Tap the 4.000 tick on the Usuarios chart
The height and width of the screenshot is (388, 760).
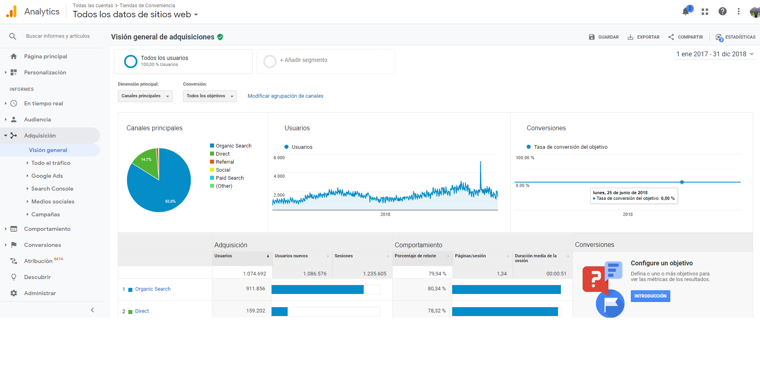click(x=279, y=176)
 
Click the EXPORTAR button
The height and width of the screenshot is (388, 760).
click(x=643, y=37)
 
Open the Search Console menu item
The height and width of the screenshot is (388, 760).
click(x=52, y=189)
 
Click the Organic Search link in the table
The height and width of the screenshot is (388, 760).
click(x=153, y=289)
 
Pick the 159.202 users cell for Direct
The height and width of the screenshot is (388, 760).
click(x=255, y=311)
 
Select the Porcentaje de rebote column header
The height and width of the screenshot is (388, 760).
click(x=415, y=256)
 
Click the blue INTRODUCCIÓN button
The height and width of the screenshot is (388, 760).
click(x=650, y=296)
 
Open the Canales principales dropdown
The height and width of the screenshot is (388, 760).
click(x=145, y=96)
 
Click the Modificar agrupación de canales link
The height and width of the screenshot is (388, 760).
click(x=285, y=96)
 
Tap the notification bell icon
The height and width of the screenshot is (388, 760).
click(x=686, y=12)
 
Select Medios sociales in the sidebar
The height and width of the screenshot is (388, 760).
click(x=53, y=201)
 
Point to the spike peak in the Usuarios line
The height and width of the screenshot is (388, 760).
click(x=480, y=161)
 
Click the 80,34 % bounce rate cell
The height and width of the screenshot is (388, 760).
click(x=437, y=289)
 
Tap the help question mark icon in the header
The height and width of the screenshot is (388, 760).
click(x=723, y=12)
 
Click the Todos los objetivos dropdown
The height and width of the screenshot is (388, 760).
click(x=210, y=96)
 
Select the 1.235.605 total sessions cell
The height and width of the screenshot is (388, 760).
click(x=375, y=274)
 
